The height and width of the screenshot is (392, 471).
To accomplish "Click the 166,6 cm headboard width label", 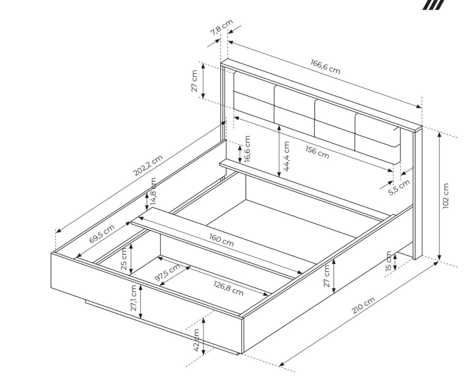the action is (325, 67).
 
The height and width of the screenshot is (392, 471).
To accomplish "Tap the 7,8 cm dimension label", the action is (222, 27).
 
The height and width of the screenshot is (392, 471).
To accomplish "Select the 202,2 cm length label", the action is (148, 166).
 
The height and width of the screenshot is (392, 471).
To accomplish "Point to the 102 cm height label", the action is (446, 196).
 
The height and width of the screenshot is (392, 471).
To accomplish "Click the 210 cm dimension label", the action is (363, 305).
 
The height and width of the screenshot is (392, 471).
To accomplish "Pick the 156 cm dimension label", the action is (317, 152).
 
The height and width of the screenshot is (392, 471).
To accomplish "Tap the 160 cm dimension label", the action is (221, 240).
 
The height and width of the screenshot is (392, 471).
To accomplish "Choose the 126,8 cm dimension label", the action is (228, 288).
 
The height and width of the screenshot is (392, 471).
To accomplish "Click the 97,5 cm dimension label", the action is (167, 272).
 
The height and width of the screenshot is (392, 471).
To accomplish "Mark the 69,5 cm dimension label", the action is (102, 234).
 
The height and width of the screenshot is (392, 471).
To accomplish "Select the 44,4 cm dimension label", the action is (286, 156).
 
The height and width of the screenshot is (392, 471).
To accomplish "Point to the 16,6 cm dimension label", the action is (247, 149).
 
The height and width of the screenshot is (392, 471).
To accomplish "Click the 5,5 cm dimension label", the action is (399, 188).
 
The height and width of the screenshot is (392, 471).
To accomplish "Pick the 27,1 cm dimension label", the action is (133, 298).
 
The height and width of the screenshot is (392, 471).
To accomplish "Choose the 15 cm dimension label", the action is (389, 261).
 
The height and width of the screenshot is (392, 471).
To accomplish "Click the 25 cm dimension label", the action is (124, 259).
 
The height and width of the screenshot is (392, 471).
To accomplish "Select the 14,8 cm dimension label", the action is (153, 191).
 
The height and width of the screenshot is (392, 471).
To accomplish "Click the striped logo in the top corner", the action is (433, 5).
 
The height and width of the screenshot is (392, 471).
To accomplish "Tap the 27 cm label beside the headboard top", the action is (194, 81).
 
